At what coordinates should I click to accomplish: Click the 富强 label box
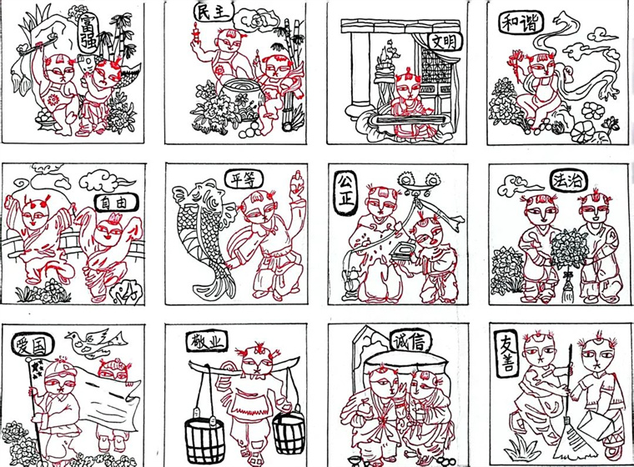(87, 33)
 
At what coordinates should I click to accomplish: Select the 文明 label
(445, 41)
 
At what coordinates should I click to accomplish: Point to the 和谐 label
(521, 23)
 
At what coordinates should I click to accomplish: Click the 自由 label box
(117, 203)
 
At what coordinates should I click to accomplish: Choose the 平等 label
(244, 180)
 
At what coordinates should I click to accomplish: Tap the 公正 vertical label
(345, 193)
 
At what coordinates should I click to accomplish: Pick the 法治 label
(568, 180)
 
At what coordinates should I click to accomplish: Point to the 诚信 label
(410, 343)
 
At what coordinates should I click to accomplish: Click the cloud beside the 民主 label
(255, 21)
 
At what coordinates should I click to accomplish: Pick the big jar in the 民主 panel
(239, 97)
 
